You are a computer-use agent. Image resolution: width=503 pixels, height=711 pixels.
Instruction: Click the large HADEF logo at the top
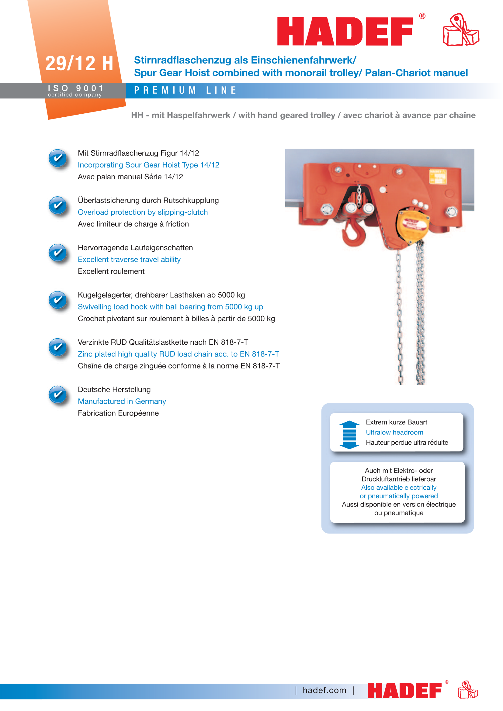click(345, 31)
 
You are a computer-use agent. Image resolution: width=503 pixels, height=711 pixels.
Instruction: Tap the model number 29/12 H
click(79, 64)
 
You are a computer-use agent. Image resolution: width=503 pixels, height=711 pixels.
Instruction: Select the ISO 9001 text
click(76, 88)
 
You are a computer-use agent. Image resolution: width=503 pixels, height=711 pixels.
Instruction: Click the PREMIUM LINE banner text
click(185, 90)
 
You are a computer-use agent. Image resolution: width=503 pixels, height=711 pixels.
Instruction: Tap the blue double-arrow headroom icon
click(349, 435)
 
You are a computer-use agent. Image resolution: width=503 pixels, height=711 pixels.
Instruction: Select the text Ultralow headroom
click(394, 432)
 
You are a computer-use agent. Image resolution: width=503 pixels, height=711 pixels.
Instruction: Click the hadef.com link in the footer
click(324, 690)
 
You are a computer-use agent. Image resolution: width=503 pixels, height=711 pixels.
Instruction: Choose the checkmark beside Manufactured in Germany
click(57, 395)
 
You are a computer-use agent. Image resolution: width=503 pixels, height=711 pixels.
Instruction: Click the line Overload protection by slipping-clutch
click(142, 212)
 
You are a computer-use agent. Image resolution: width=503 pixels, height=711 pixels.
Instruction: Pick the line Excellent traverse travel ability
click(129, 260)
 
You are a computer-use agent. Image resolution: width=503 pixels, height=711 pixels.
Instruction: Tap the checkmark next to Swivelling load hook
click(57, 300)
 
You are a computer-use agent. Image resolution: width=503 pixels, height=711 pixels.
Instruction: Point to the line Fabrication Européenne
click(118, 413)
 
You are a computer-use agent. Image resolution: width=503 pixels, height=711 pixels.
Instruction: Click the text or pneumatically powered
click(399, 496)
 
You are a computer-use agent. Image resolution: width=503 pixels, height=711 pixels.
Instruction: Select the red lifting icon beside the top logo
click(460, 30)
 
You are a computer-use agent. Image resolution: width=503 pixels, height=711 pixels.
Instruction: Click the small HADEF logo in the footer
click(404, 690)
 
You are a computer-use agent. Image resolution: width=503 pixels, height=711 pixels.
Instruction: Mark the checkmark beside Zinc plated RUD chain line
click(57, 347)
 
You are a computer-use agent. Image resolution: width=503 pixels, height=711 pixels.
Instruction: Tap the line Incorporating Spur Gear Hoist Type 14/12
click(148, 165)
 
